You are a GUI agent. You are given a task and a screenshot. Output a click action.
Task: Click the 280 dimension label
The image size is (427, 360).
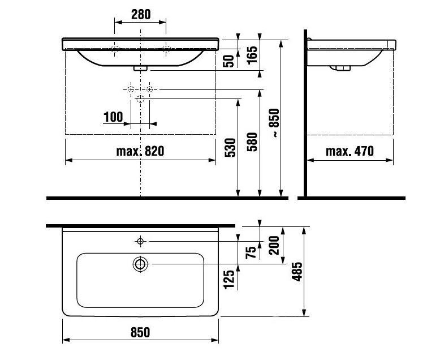141,15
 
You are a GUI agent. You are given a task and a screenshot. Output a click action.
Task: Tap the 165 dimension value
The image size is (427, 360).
252,55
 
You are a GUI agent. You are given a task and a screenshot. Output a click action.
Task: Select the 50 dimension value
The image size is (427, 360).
228,61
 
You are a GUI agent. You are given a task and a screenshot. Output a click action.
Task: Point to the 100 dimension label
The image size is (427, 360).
113,117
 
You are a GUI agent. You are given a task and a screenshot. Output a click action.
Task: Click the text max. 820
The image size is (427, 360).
140,151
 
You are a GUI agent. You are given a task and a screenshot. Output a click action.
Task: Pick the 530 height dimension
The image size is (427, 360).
230,147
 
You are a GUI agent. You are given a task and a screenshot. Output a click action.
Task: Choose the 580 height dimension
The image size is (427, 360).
252,142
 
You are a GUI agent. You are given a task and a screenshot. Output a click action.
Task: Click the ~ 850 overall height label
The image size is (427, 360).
274,123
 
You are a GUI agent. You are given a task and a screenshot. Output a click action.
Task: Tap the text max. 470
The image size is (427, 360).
350,151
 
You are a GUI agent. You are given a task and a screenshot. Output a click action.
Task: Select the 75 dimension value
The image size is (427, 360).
251,252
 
